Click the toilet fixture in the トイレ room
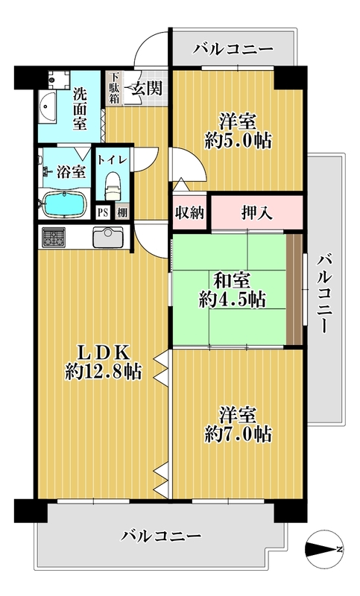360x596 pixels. (x=112, y=185)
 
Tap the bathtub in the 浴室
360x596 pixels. (x=64, y=204)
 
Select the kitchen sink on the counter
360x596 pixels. (x=108, y=237)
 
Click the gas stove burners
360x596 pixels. (x=53, y=237)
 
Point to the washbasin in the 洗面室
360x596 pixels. (x=47, y=107)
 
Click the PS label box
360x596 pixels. (x=102, y=212)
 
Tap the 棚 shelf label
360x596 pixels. (x=122, y=212)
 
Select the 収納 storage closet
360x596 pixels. (x=189, y=213)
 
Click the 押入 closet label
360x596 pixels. (x=257, y=213)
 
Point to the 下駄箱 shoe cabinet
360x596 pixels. (x=114, y=88)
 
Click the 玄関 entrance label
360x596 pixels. (x=147, y=89)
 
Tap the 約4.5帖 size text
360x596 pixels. (x=232, y=300)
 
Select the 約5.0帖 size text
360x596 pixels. (x=238, y=141)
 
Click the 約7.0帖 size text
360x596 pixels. (x=238, y=434)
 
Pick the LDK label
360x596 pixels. (x=104, y=353)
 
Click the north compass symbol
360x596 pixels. (x=324, y=549)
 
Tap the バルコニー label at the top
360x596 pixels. (x=233, y=49)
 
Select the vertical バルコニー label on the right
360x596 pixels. (x=326, y=294)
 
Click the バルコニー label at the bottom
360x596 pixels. (x=161, y=536)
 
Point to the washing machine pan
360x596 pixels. (x=59, y=80)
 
